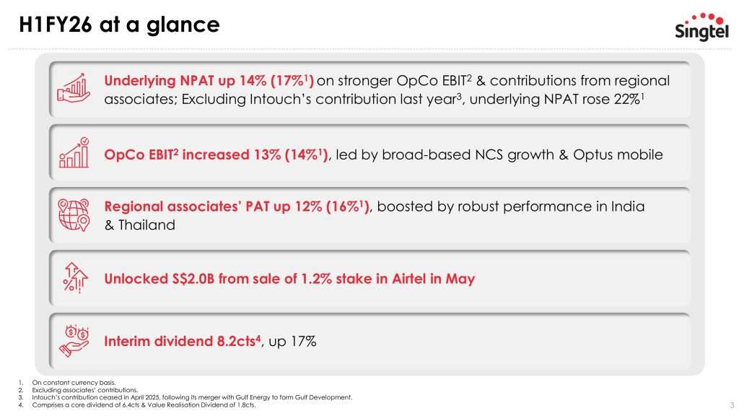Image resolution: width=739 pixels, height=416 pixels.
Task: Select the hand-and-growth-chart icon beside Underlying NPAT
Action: [x=72, y=89]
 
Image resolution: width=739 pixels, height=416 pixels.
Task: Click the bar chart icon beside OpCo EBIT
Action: [x=72, y=152]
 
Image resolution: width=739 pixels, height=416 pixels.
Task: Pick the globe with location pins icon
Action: [x=72, y=214]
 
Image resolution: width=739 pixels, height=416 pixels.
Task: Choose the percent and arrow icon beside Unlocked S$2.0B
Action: [x=72, y=277]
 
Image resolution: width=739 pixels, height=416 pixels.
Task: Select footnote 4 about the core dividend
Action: [x=144, y=405]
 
